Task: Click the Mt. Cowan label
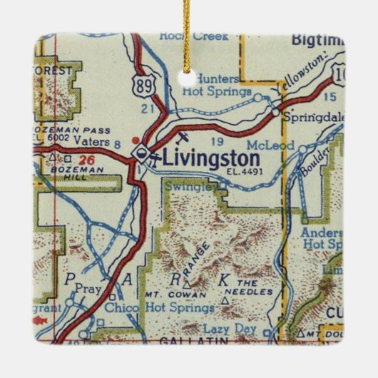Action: pyautogui.click(x=168, y=292)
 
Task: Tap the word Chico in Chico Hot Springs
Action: pyautogui.click(x=121, y=307)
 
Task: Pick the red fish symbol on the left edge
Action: pyautogui.click(x=40, y=322)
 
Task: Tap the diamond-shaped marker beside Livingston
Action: pyautogui.click(x=143, y=153)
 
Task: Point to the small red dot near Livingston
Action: pyautogui.click(x=136, y=140)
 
